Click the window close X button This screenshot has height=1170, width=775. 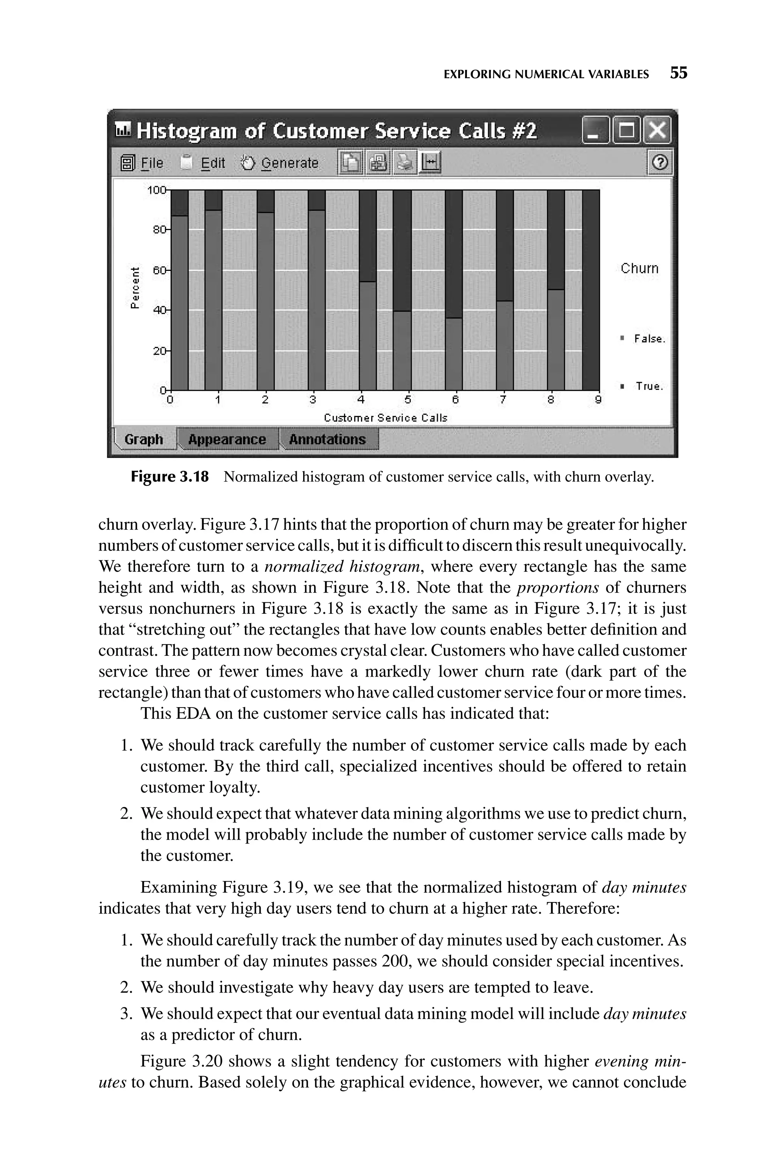click(x=658, y=131)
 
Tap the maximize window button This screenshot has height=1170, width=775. click(x=626, y=131)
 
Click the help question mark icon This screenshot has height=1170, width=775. click(x=660, y=163)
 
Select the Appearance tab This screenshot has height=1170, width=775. click(x=227, y=439)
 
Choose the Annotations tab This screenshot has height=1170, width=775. click(x=327, y=439)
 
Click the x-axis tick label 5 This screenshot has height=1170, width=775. click(x=408, y=400)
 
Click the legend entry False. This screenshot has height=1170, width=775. click(x=649, y=339)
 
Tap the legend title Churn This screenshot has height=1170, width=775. click(x=640, y=268)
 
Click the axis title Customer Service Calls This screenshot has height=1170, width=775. click(x=386, y=418)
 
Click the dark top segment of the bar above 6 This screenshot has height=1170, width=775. click(x=453, y=253)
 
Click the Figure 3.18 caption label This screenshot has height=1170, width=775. click(x=170, y=477)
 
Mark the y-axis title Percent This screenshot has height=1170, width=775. click(x=134, y=288)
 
